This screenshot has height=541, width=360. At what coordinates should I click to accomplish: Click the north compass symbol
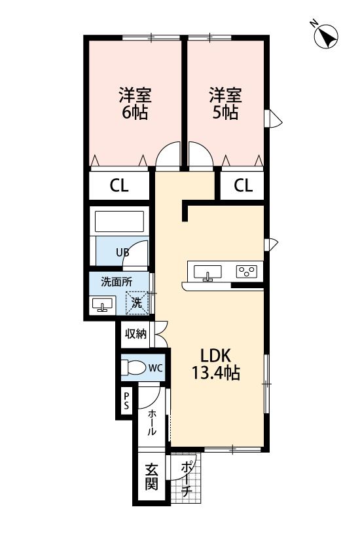[x=325, y=36]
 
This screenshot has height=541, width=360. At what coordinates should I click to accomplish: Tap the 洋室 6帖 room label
[x=135, y=103]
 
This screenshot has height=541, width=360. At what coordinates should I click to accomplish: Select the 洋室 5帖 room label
[x=226, y=103]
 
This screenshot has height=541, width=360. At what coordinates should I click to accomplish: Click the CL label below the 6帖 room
[x=119, y=185]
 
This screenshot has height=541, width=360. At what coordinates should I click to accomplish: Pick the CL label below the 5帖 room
[x=243, y=185]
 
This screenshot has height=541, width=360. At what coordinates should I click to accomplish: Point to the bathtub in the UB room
[x=119, y=221]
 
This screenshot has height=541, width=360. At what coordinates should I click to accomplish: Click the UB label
[x=122, y=253]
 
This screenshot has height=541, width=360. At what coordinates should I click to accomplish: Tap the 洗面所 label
[x=117, y=282]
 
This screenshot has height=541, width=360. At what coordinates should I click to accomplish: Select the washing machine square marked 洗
[x=137, y=303]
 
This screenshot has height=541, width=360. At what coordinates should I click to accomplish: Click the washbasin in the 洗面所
[x=102, y=305]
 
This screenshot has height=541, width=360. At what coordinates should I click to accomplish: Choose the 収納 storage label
[x=135, y=334]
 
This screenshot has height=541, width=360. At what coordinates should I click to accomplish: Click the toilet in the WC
[x=134, y=367]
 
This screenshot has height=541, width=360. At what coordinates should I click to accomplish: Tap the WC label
[x=156, y=368]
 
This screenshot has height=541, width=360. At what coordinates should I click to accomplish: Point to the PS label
[x=126, y=401]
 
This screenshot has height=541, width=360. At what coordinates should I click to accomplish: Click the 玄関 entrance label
[x=152, y=477]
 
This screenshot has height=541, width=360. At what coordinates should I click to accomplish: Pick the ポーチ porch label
[x=186, y=478]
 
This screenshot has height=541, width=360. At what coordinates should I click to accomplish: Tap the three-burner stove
[x=247, y=271]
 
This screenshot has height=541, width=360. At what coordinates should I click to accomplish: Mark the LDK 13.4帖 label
[x=216, y=364]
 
